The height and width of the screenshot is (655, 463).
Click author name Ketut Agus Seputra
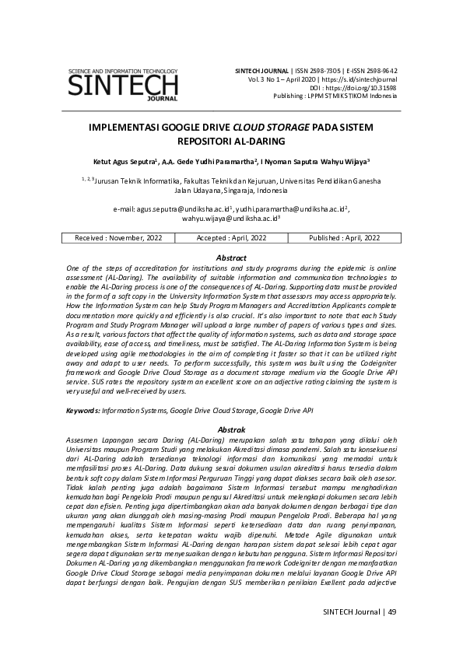[x=125, y=163]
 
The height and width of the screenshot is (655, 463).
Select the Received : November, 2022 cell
[x=118, y=238]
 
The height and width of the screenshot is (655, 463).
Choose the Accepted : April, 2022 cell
[x=231, y=238]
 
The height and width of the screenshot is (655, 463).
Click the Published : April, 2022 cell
[x=344, y=238]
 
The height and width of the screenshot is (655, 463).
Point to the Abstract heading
[x=231, y=257]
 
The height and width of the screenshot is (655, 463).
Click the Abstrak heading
[x=231, y=429]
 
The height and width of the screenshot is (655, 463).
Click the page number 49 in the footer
[x=391, y=611]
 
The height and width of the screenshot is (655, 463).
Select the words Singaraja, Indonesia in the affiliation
[x=250, y=191]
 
